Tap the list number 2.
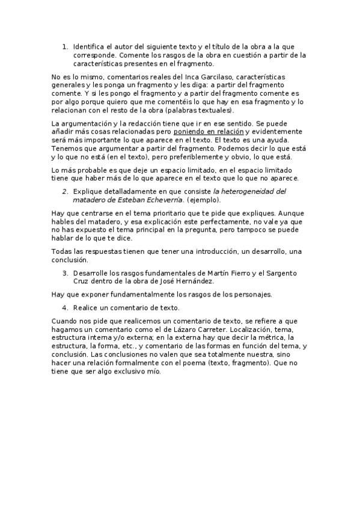coord(65,191)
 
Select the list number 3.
coord(65,272)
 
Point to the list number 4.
coord(65,307)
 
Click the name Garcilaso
coord(210,78)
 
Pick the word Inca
coord(180,78)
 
